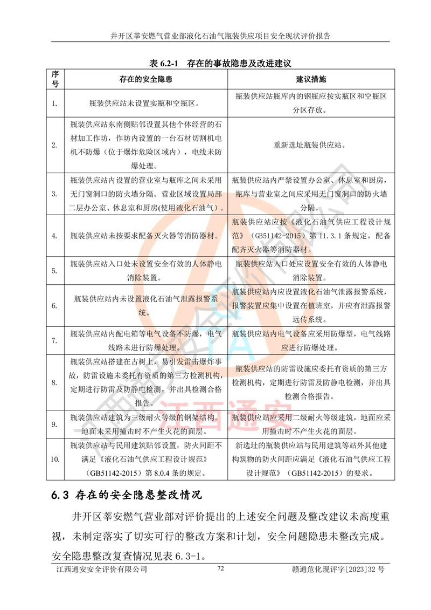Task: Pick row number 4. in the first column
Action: coord(54,236)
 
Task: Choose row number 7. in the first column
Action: coord(54,340)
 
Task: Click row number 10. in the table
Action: coord(54,459)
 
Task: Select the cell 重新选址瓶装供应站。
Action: coord(311,145)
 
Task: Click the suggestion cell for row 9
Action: coord(311,424)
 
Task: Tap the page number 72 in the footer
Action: coord(220,568)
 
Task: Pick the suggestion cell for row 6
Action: coord(311,305)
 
